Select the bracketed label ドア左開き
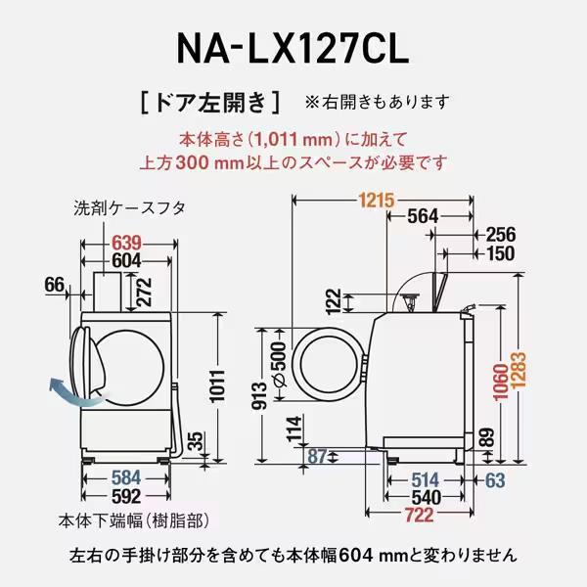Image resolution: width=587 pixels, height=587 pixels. click(x=211, y=101)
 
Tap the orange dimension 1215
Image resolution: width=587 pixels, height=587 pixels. click(x=376, y=201)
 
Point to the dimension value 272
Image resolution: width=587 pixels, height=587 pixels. click(x=145, y=292)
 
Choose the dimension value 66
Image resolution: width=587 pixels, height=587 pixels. click(x=55, y=285)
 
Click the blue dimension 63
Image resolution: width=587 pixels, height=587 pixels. click(x=494, y=479)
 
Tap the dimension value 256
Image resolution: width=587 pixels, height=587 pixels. click(x=499, y=235)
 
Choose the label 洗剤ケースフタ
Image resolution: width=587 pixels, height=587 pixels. click(x=129, y=208)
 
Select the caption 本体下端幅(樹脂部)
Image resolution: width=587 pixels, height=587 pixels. click(x=145, y=519)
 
